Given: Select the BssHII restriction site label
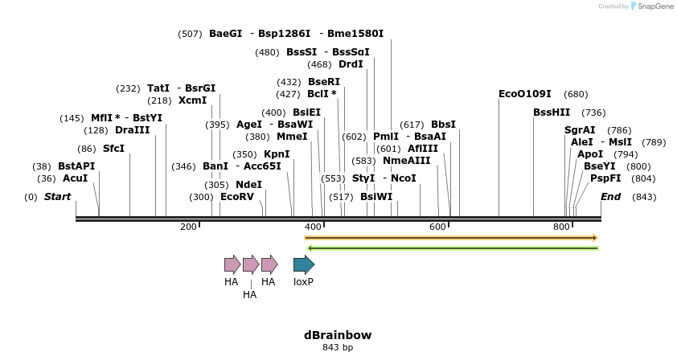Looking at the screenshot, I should pos(551,112).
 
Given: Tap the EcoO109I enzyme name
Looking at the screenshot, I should pos(525,94).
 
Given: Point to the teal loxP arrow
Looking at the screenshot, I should pos(303,264).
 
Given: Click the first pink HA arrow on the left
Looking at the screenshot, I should pos(232,264).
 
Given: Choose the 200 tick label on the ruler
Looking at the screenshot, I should pos(188,227).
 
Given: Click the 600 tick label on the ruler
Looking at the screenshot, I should pos(437,227).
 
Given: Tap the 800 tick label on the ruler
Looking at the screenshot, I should pos(562,227).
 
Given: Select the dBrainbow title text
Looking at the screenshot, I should pos(338,335).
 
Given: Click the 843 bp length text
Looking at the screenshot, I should pos(338,347).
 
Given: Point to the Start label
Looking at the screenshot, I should pos(57,197).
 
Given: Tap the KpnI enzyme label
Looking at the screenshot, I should pos(277,154).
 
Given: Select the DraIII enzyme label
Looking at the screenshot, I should pos(132,130).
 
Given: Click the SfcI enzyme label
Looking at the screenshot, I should pos(113,149).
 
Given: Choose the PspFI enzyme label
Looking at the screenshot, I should pos(605,178).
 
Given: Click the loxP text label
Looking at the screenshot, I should pos(303,282).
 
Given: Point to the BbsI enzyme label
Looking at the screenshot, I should pos(443,125).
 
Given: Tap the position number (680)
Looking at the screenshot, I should pos(576,94).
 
